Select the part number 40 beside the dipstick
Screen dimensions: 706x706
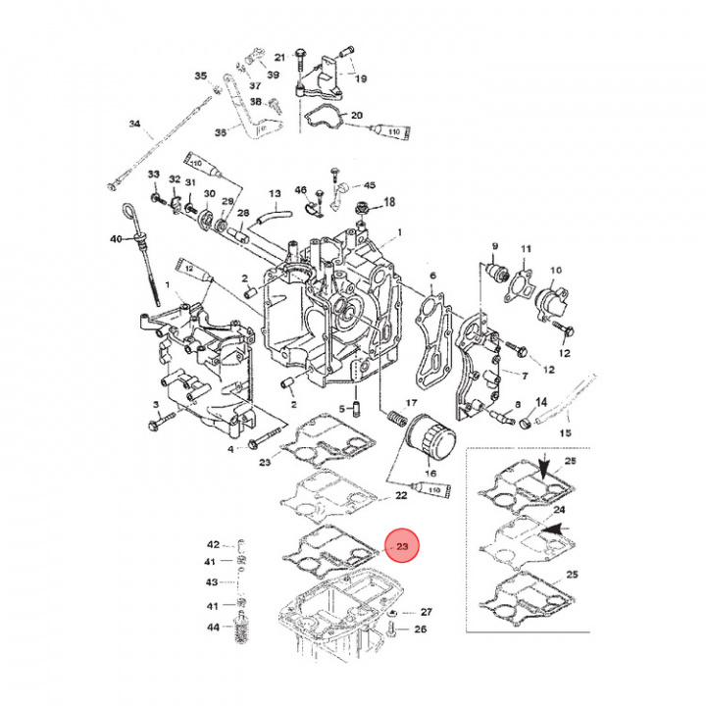(115, 239)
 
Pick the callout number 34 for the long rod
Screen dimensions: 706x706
(135, 125)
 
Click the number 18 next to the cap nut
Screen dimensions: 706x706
(388, 202)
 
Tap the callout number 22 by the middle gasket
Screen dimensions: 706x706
(402, 497)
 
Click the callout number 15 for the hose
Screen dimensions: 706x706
(591, 432)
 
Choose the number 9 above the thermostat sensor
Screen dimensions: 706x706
(495, 245)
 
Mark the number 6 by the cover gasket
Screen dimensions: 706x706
(432, 277)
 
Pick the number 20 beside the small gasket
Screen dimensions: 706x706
(356, 115)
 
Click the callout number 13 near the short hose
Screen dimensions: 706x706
(276, 194)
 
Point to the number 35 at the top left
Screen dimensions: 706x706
(201, 76)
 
